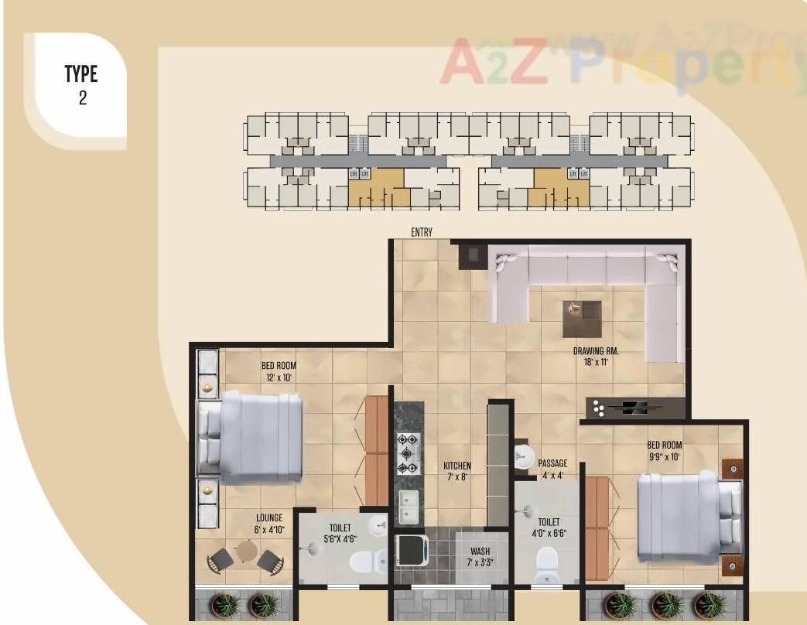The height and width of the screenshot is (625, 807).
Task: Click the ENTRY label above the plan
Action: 422,232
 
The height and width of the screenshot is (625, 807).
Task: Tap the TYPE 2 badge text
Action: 81,85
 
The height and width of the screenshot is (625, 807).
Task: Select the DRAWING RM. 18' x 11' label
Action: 596,356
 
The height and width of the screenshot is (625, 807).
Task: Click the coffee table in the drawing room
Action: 582,318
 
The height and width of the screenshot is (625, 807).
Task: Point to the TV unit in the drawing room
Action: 634,408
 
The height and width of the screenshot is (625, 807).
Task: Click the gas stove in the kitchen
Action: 408,453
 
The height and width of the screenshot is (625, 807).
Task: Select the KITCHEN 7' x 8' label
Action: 457,471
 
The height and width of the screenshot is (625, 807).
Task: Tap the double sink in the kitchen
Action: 408,507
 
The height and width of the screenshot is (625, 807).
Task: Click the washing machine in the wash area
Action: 411,550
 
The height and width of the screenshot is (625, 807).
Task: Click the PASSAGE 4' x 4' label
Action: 552,470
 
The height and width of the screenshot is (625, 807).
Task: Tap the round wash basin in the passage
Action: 524,453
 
